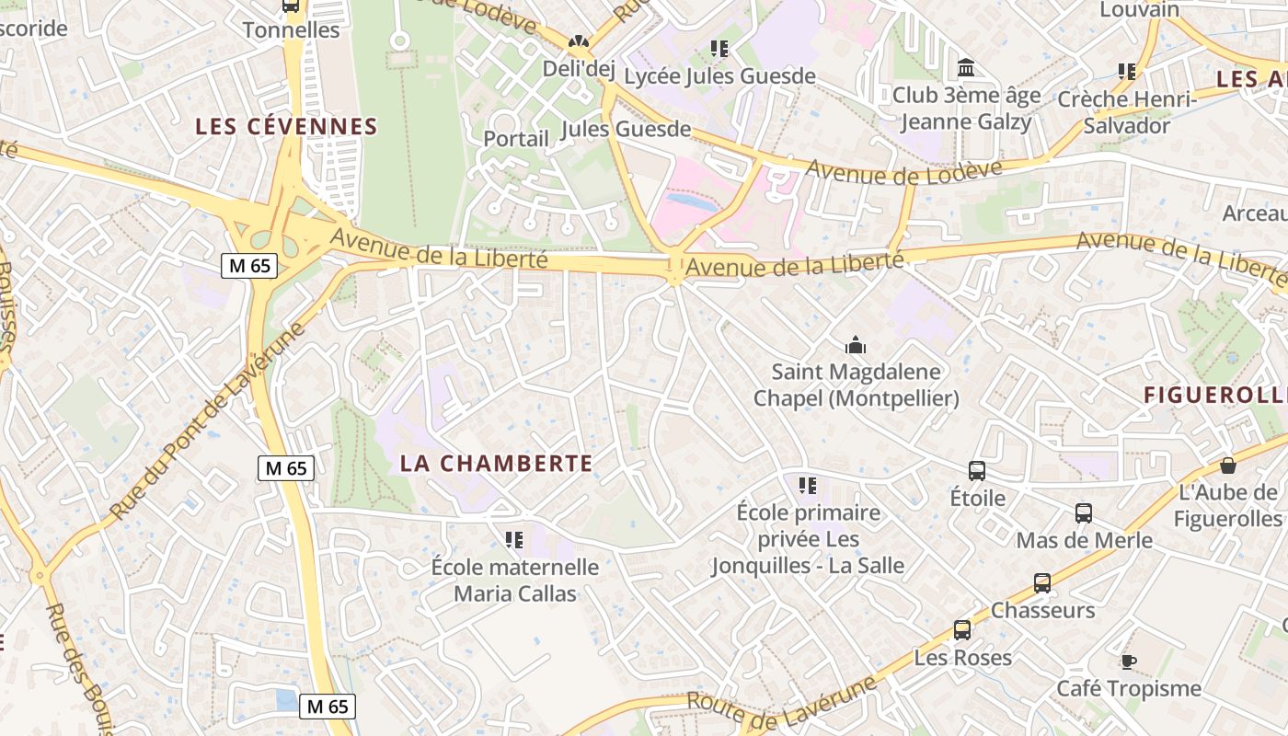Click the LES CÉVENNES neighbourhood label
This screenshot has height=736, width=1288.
(286, 127)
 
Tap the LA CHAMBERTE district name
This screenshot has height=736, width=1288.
(496, 463)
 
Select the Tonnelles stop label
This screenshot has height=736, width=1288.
(291, 29)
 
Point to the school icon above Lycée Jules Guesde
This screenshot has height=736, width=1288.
(719, 48)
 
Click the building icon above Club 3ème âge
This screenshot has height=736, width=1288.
(966, 67)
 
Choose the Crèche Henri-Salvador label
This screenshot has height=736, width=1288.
(1126, 112)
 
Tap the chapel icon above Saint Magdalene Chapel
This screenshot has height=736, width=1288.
(856, 346)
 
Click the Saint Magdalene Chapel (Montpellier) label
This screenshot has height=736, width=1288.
(856, 385)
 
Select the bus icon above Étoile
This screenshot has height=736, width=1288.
(977, 471)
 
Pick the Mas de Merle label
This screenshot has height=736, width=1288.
(1084, 540)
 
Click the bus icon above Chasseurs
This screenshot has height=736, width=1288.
(1042, 583)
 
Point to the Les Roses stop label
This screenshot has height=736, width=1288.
(962, 658)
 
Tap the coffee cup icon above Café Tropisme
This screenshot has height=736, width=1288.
(1129, 661)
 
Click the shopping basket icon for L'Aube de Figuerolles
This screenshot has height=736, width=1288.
(1227, 466)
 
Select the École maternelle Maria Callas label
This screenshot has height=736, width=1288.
(515, 581)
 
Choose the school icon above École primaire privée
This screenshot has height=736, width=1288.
(808, 485)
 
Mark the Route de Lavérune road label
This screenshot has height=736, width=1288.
(782, 709)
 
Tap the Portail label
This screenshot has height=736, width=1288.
(516, 139)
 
